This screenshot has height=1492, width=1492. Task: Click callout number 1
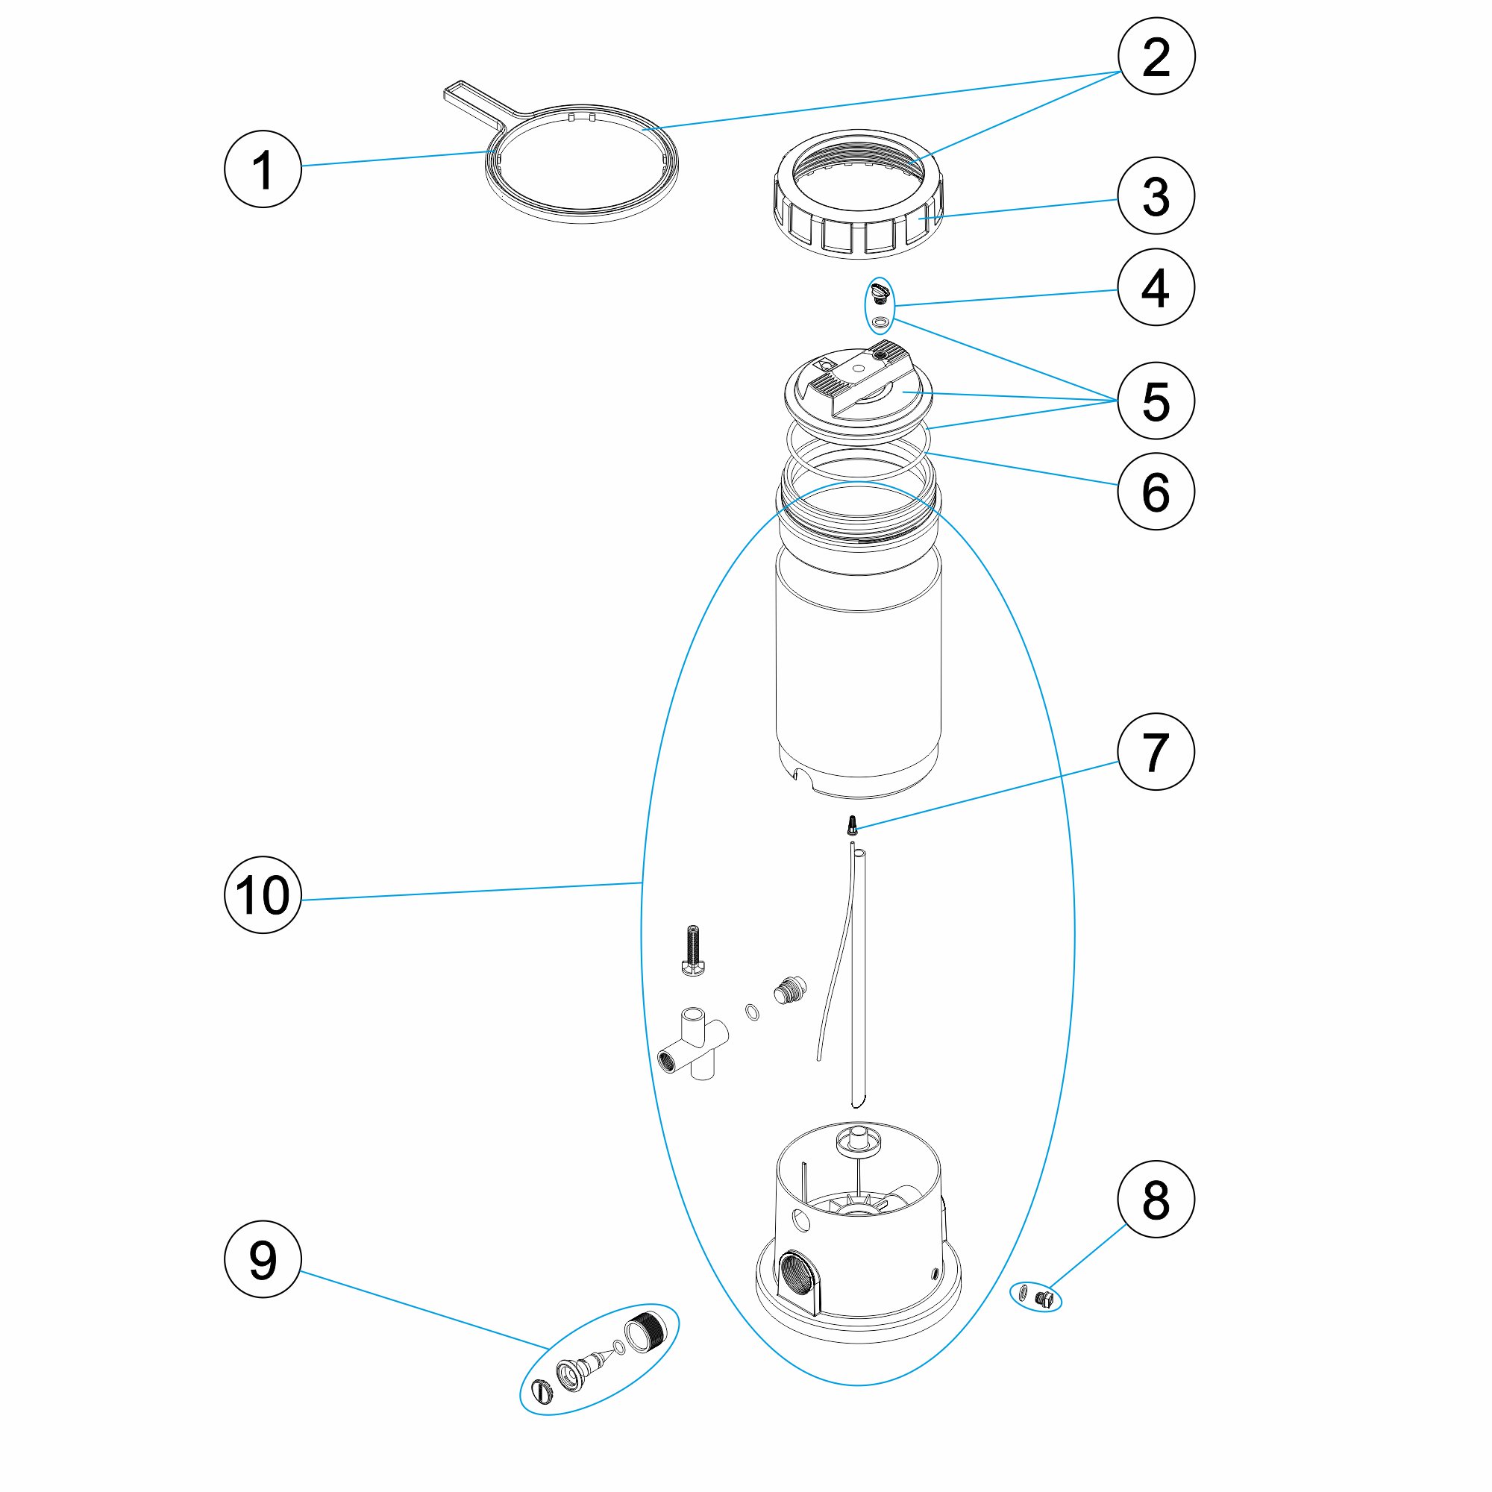coord(263,169)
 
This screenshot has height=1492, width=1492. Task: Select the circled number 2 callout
coord(1156,57)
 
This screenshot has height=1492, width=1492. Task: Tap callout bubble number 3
coord(1156,196)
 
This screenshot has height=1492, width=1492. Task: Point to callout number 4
coord(1156,287)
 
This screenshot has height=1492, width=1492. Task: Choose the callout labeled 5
coord(1156,401)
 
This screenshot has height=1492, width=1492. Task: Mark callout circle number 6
coord(1156,491)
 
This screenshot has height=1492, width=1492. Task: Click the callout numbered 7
coord(1156,751)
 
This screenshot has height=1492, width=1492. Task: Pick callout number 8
coord(1156,1200)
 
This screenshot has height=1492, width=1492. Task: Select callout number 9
coord(263,1259)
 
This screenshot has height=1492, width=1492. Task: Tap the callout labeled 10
coord(263,895)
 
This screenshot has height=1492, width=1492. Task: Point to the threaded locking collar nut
coord(857,193)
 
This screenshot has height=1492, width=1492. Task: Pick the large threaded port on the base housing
coord(795,1292)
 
